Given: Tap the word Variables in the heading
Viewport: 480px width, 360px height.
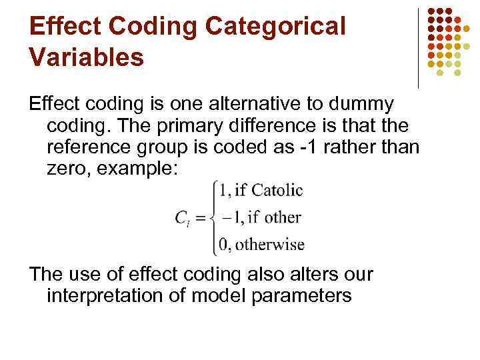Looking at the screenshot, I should pos(87,57).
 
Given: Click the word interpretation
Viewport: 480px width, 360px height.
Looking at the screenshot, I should pos(113,295).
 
